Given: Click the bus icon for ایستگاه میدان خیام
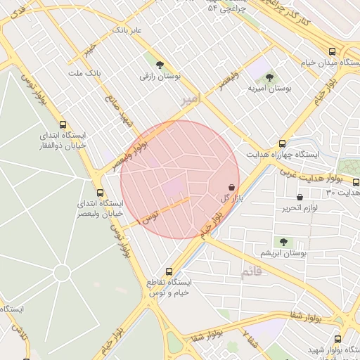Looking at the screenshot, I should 332,51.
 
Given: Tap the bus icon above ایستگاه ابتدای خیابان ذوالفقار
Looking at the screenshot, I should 63,122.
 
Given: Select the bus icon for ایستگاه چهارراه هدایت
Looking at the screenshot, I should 282,143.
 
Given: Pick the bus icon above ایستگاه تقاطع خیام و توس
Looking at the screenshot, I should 169,271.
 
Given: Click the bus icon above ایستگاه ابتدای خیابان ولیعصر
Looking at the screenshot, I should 99,193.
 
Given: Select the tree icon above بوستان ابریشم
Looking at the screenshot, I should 283,242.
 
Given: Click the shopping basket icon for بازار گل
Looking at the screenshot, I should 232,188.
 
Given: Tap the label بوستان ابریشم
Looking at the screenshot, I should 283,252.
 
